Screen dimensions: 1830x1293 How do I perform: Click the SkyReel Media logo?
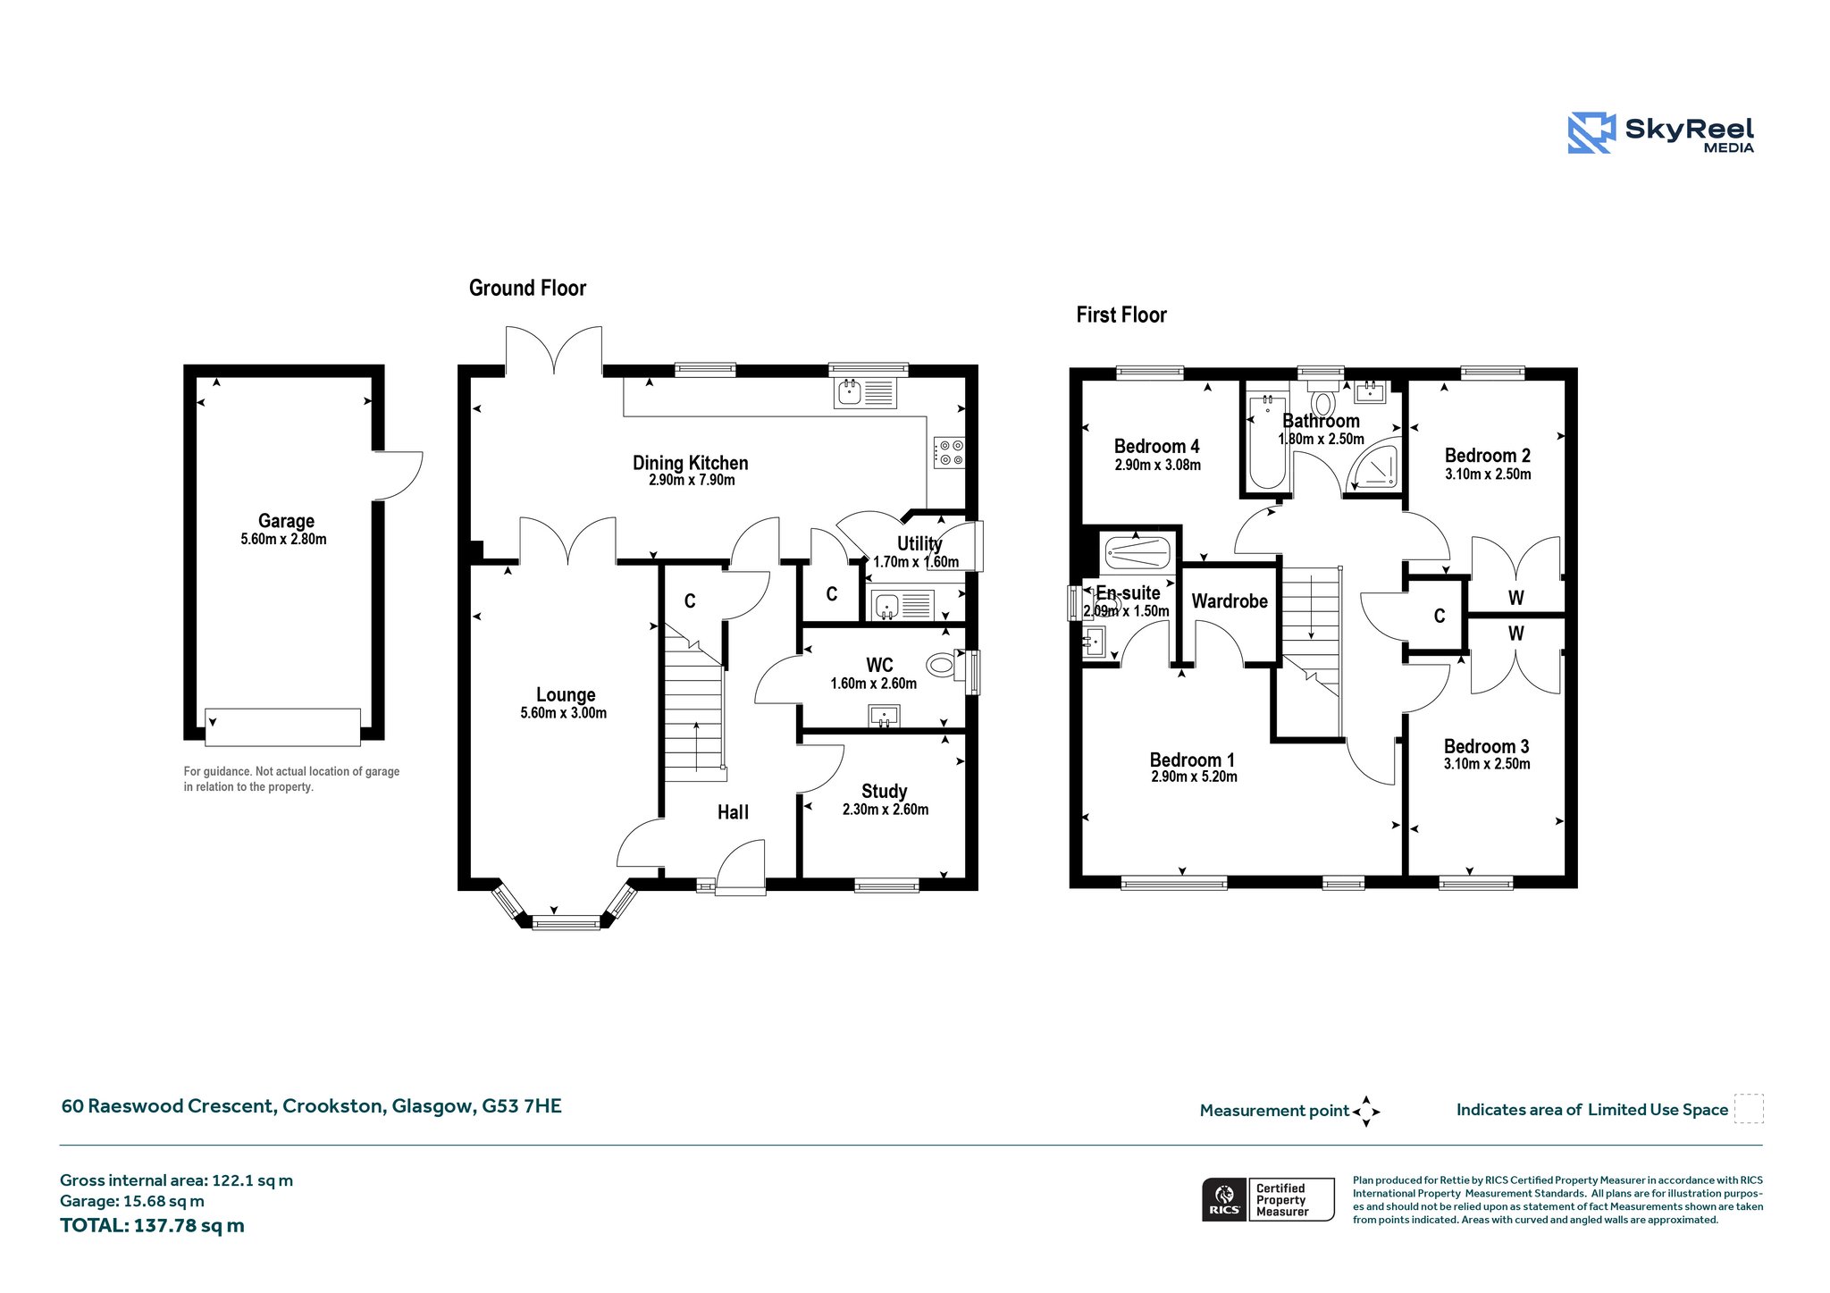[x=1661, y=133]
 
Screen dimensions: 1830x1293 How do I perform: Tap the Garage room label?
[x=286, y=521]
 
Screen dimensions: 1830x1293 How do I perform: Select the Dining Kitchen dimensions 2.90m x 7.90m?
[x=692, y=481]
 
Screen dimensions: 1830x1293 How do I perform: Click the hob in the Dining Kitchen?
[x=949, y=452]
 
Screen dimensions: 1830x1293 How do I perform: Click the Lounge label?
[x=566, y=695]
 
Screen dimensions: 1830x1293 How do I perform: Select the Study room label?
[x=885, y=792]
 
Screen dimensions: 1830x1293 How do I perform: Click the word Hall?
[x=734, y=812]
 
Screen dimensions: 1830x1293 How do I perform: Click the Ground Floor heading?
[x=527, y=288]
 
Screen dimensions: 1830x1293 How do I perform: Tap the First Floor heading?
[x=1121, y=315]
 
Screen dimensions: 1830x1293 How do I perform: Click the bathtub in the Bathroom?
[x=1267, y=441]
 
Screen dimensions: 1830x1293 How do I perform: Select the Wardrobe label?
[x=1230, y=601]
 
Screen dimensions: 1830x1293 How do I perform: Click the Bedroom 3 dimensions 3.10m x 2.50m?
[x=1487, y=764]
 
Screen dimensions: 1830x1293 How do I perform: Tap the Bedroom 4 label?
[x=1157, y=446]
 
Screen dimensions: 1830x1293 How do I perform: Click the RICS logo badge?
[x=1268, y=1199]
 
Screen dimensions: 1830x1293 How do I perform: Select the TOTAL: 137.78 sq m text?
[x=152, y=1226]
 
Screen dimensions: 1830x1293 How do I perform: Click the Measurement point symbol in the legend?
[x=1366, y=1112]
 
